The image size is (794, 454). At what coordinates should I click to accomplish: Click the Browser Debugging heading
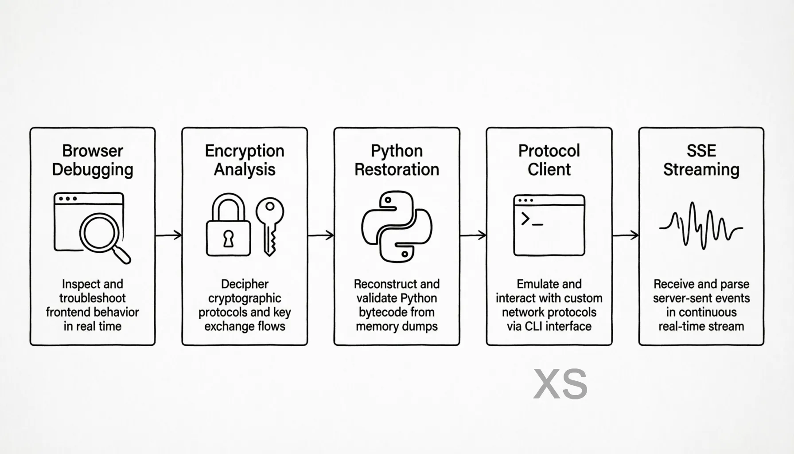(93, 160)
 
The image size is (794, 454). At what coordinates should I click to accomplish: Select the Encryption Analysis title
(245, 160)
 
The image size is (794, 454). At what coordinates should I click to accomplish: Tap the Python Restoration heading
(397, 160)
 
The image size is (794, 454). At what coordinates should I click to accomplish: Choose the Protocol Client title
(549, 160)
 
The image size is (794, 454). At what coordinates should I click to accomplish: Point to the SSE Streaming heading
(701, 160)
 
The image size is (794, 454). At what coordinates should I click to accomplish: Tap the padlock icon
(228, 226)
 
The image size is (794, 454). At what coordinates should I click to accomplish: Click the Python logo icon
(397, 227)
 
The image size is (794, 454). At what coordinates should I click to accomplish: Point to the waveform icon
(701, 226)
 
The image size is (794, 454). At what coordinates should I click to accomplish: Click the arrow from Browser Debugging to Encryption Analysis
(169, 235)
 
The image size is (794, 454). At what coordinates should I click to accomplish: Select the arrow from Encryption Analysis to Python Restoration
(321, 235)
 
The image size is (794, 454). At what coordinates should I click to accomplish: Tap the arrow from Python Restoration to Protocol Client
(473, 235)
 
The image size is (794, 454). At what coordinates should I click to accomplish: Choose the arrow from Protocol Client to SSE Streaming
(625, 235)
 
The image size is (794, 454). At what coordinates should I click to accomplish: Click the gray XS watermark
(560, 384)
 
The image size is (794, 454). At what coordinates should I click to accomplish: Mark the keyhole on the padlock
(228, 239)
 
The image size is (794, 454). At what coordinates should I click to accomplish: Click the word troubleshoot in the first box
(93, 298)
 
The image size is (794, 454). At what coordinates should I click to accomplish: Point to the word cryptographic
(245, 298)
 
